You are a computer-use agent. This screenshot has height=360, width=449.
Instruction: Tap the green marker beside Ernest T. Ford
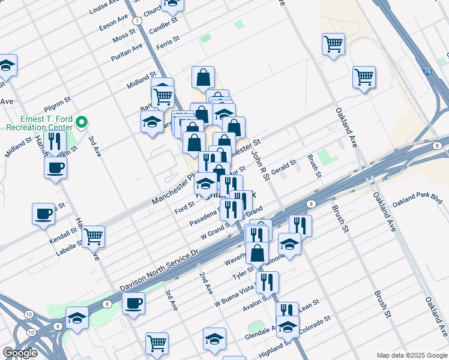tap(84, 122)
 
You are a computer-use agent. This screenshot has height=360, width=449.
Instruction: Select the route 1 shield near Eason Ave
tap(138, 20)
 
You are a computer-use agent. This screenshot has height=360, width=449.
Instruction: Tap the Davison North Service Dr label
tap(158, 270)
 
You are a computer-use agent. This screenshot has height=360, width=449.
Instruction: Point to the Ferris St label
tap(167, 41)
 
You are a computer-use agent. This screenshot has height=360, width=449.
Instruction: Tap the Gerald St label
tap(283, 166)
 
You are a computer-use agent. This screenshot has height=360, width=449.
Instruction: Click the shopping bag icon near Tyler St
tap(257, 253)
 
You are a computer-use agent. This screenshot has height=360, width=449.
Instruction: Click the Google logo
tap(20, 353)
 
